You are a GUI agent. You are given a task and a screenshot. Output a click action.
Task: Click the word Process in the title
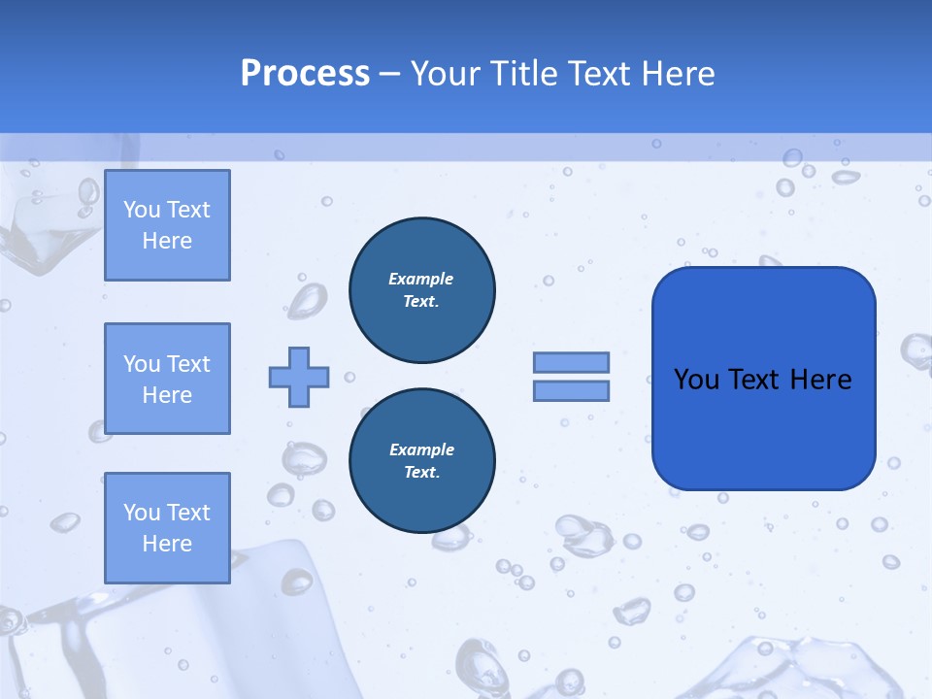point(305,74)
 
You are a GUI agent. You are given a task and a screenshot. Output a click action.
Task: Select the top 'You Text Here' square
point(167,225)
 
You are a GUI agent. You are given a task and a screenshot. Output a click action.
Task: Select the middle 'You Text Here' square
point(167,379)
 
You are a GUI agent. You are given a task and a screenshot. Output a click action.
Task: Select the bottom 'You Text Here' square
point(167,528)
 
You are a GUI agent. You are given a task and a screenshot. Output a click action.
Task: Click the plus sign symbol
point(299,377)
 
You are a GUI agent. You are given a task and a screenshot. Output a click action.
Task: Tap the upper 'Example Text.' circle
point(421,289)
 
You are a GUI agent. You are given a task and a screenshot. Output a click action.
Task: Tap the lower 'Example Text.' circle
point(421,460)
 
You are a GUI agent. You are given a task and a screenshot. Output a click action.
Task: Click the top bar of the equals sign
point(571,362)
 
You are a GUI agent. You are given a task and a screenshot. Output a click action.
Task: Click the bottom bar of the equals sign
point(571,390)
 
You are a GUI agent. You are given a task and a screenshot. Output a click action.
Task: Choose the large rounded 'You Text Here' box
point(763,379)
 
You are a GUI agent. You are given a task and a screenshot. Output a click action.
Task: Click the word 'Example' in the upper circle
point(421,279)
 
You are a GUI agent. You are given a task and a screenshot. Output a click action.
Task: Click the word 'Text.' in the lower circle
point(421,472)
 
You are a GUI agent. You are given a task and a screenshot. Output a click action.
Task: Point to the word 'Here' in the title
point(679,74)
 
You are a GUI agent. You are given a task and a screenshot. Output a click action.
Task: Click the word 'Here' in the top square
point(167,241)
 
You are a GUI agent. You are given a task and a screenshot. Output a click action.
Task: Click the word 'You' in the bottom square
point(141,513)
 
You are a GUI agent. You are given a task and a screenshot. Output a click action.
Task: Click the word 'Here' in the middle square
point(167,395)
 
